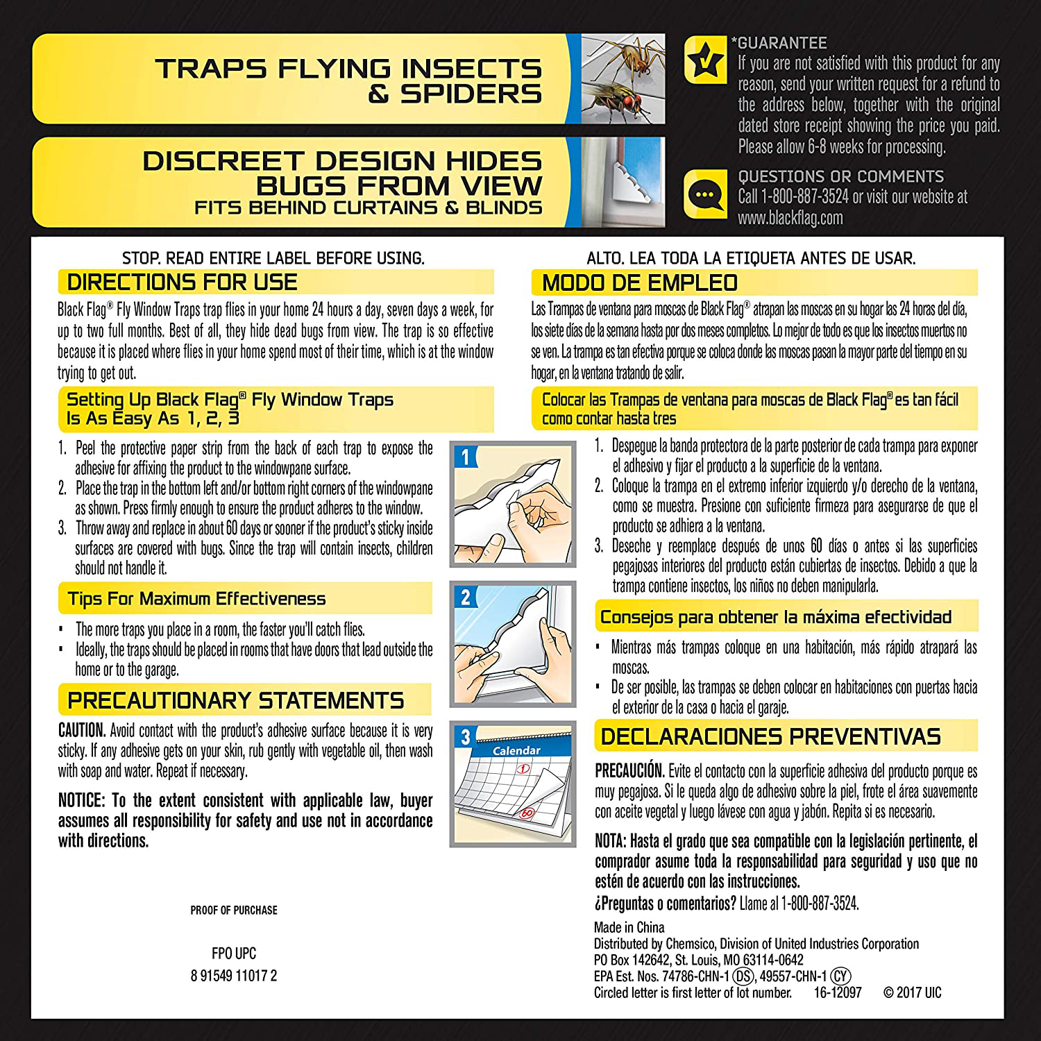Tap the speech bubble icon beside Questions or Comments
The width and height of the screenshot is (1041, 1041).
[x=706, y=195]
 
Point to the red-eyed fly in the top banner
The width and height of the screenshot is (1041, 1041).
[x=616, y=101]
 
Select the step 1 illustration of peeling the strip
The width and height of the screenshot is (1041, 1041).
[x=512, y=504]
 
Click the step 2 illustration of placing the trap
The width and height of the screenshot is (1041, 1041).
[x=512, y=643]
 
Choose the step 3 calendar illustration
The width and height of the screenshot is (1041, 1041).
[x=512, y=784]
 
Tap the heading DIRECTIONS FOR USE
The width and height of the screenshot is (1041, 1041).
[x=182, y=282]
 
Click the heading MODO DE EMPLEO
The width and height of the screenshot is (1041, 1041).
[x=639, y=283]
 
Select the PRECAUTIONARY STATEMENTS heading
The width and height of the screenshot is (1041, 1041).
[x=235, y=701]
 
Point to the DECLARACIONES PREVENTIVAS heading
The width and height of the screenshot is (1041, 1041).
[x=770, y=736]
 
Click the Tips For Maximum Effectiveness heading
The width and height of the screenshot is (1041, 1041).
[x=196, y=599]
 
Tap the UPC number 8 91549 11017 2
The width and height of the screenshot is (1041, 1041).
[x=234, y=976]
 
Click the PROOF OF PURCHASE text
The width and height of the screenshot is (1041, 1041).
[x=234, y=911]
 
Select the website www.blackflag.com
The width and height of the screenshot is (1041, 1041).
[x=790, y=218]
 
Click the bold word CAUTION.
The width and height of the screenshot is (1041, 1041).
[x=82, y=731]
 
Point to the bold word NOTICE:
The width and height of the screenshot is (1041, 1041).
[x=81, y=801]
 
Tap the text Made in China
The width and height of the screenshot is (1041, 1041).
[x=629, y=928]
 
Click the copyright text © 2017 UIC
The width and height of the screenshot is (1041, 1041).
[x=912, y=993]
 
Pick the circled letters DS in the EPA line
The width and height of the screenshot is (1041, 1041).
[x=744, y=976]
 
